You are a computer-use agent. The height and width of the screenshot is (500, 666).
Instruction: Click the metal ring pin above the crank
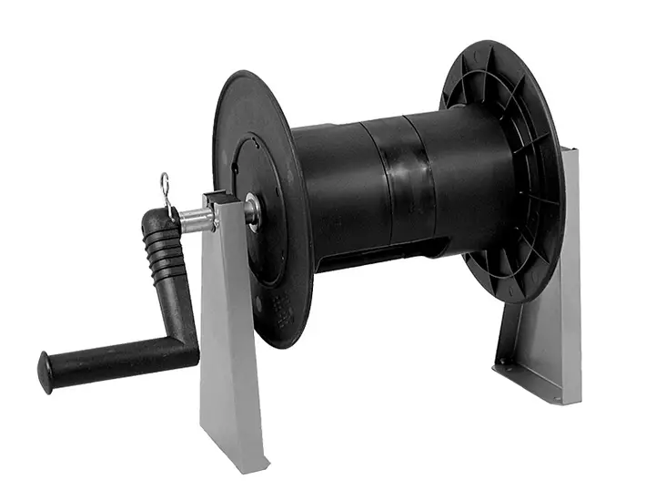[x=165, y=186]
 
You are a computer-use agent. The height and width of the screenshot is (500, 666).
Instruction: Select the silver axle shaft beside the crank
[x=197, y=219]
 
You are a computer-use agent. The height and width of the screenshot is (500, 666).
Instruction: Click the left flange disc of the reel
[x=273, y=273]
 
